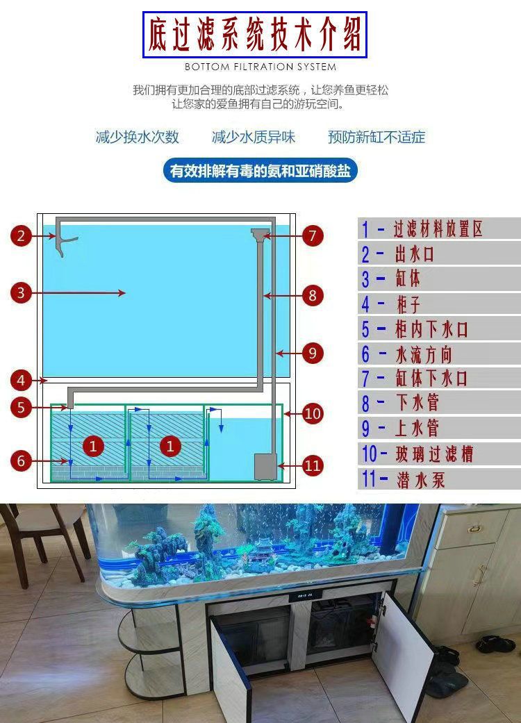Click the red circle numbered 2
(x=22, y=236)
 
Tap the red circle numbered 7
(x=313, y=236)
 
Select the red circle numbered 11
(x=313, y=465)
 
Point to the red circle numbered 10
(x=313, y=414)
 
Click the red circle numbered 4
(x=22, y=381)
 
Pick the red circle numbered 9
(x=313, y=353)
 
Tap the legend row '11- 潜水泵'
(x=439, y=479)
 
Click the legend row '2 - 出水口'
(x=439, y=254)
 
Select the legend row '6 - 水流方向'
(x=439, y=354)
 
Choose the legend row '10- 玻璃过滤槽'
(x=439, y=454)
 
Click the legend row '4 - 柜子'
(x=439, y=304)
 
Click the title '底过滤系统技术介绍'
(x=255, y=35)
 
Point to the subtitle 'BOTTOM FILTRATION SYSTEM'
(x=260, y=67)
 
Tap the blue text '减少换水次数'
(x=138, y=137)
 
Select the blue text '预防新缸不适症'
(x=377, y=137)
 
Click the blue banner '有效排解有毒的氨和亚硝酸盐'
(x=260, y=171)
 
